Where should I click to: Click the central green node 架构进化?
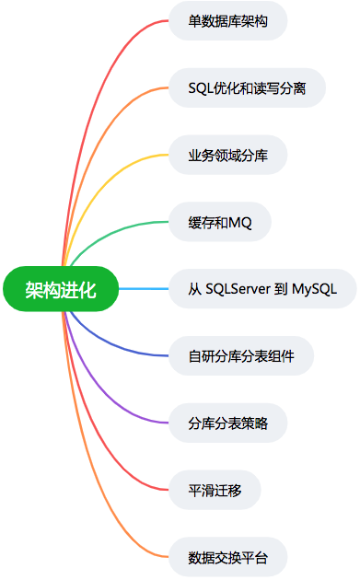[61, 289]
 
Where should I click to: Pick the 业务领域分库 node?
[228, 155]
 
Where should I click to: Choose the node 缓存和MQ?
[220, 222]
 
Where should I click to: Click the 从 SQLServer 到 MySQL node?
[262, 289]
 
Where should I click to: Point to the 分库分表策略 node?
[228, 423]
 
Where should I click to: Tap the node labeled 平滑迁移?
[215, 489]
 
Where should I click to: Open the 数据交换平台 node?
[228, 556]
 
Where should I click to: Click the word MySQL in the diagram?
[316, 289]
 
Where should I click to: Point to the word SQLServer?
[239, 289]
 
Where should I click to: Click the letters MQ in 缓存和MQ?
[239, 222]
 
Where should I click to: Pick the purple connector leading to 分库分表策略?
[106, 391]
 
